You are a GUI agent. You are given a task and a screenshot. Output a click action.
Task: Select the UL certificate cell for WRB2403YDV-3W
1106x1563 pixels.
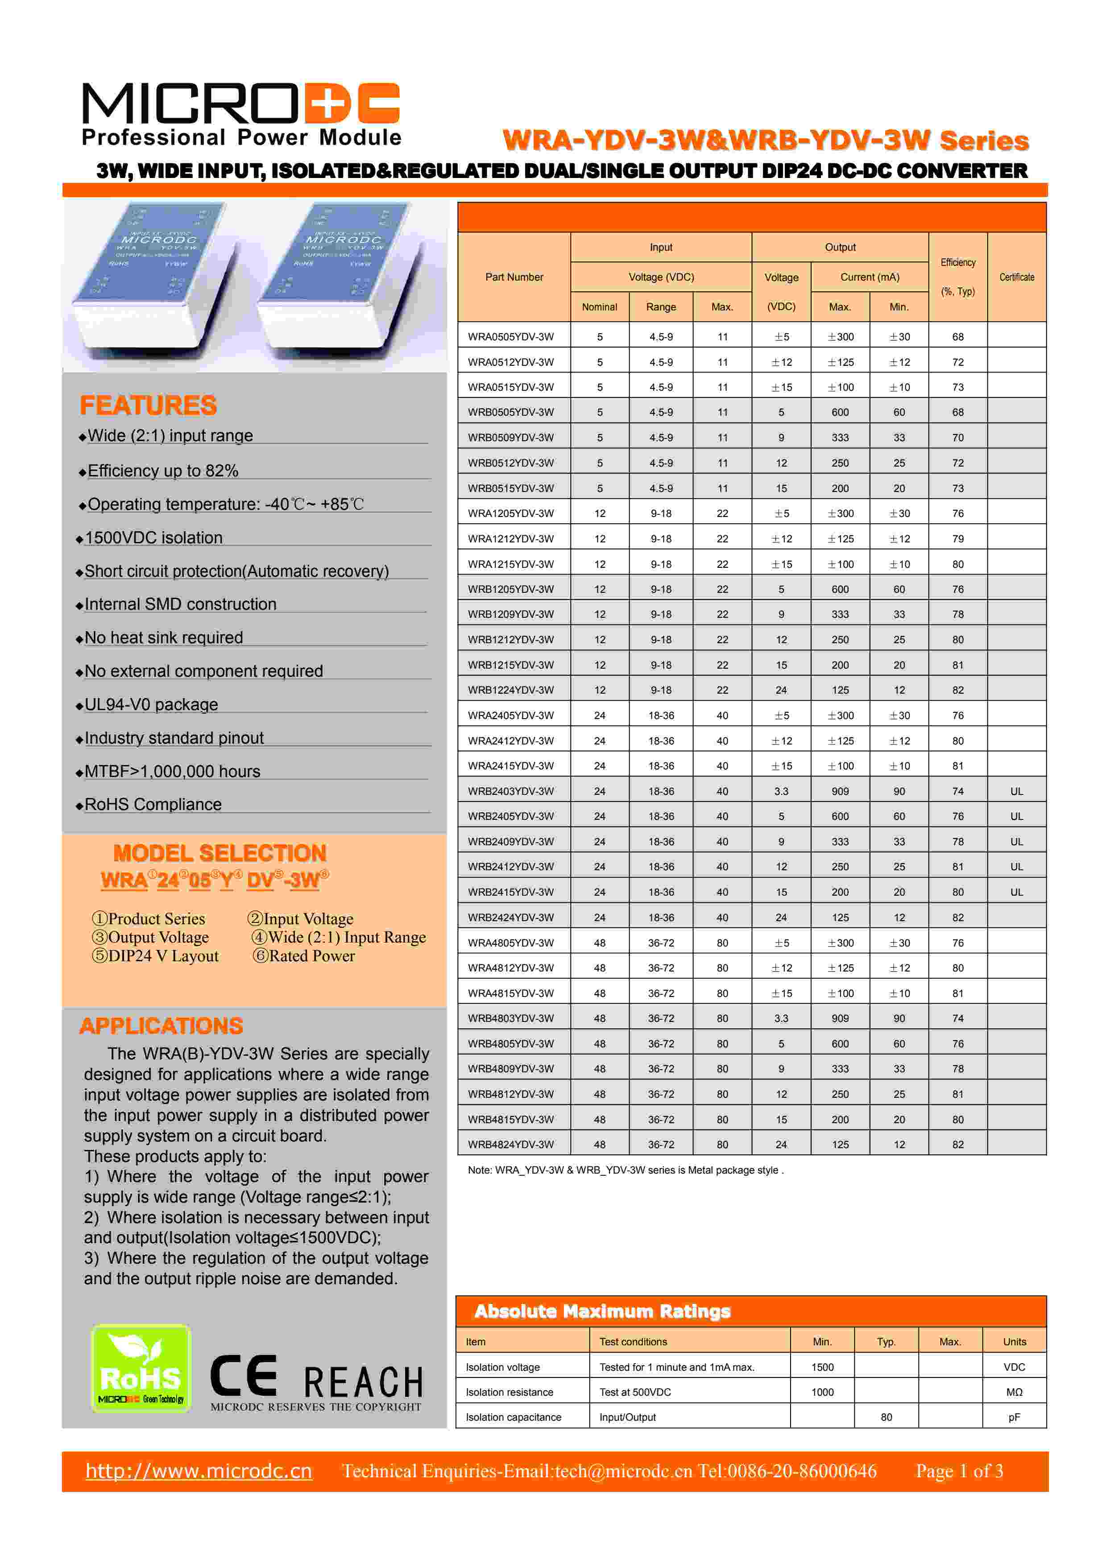1016,791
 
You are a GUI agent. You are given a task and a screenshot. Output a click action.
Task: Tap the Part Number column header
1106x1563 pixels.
514,277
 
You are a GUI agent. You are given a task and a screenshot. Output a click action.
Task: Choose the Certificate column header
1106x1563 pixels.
1016,277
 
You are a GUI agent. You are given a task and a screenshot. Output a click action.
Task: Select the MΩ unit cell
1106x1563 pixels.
1014,1392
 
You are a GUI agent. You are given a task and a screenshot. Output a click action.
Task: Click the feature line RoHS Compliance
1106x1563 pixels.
153,805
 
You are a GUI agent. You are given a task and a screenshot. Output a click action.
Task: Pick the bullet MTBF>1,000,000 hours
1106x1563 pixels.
172,771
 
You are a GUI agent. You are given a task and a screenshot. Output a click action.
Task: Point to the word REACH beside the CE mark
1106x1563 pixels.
363,1382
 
